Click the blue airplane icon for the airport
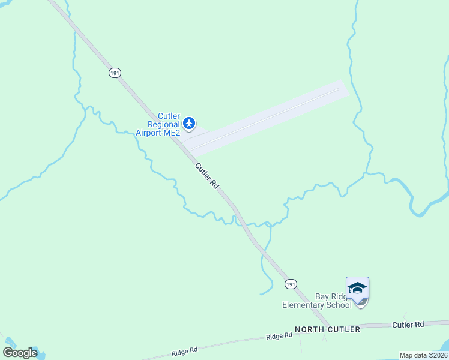click(x=190, y=124)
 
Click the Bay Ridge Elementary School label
click(x=316, y=301)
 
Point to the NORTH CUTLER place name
click(x=327, y=329)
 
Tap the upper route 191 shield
click(x=115, y=73)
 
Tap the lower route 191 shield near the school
click(x=291, y=284)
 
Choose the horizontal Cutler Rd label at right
click(x=408, y=325)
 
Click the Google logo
click(x=20, y=352)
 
